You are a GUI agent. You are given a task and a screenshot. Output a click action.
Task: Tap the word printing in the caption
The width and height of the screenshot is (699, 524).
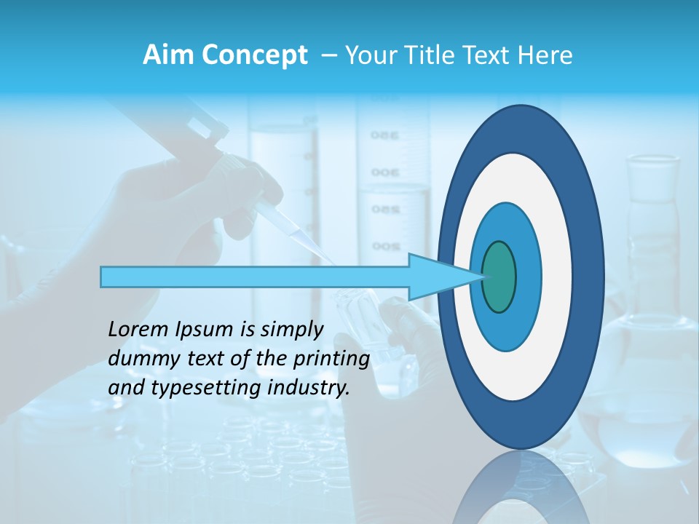tap(331, 360)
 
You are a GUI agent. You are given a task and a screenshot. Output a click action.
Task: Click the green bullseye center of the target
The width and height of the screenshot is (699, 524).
tap(499, 277)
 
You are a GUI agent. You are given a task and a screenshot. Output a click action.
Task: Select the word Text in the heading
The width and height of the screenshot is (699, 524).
tap(484, 55)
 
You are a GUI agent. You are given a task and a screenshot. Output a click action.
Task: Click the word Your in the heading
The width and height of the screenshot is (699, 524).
tap(369, 55)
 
